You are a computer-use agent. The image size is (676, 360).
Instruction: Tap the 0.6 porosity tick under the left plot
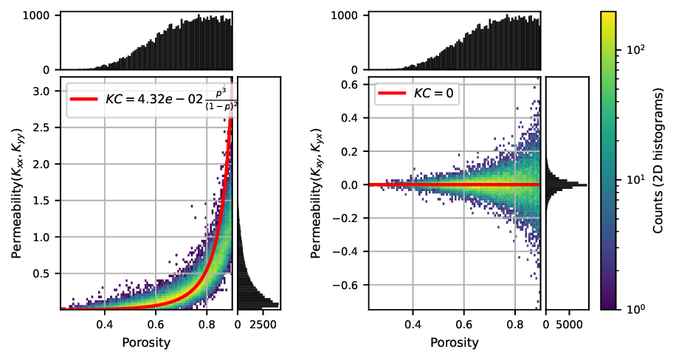tap(155, 324)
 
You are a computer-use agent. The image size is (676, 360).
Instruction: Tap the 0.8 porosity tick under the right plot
tap(515, 324)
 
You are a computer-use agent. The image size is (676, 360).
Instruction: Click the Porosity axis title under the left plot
tap(146, 342)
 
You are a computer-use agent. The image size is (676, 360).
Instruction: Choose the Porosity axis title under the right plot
tap(455, 342)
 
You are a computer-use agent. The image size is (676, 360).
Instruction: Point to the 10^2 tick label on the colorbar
tap(636, 49)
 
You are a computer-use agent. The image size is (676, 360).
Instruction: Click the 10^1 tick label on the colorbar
tap(636, 179)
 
